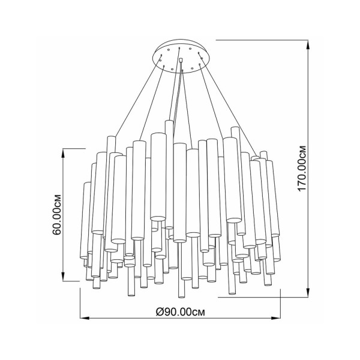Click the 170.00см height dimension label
302,168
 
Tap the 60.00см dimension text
57,215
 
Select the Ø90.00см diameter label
180,312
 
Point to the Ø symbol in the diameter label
160,312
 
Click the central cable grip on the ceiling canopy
181,60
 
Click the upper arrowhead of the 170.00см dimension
308,44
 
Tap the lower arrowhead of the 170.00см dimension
308,293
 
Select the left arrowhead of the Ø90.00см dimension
84,319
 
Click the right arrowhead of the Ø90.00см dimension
277,319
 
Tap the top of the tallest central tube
169,121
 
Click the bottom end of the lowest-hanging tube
181,297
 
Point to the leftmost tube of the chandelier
84,220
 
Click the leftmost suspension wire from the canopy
139,96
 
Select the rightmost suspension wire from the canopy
227,104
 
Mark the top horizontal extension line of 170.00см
262,40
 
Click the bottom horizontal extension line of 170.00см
263,298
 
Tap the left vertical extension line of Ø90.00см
80,304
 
